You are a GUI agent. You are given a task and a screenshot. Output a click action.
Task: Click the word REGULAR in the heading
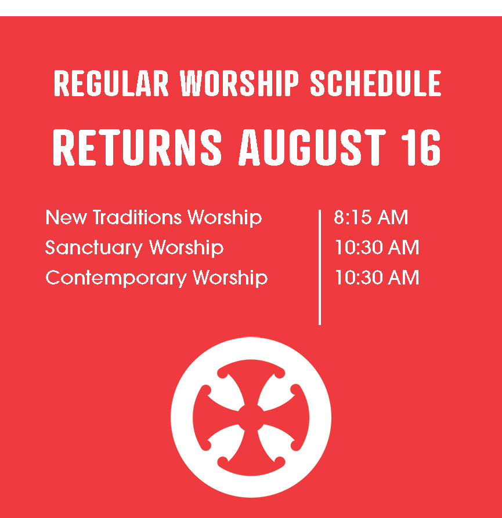pyautogui.click(x=111, y=83)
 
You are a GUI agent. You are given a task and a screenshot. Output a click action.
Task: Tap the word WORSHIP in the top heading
pyautogui.click(x=239, y=83)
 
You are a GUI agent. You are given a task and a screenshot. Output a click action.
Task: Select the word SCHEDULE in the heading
pyautogui.click(x=375, y=83)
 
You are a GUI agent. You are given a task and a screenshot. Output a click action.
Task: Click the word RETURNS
pyautogui.click(x=137, y=147)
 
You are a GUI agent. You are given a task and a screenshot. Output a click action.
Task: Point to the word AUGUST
pyautogui.click(x=312, y=147)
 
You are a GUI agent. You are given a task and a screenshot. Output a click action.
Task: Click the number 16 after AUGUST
pyautogui.click(x=421, y=147)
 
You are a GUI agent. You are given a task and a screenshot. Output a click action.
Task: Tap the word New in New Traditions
pyautogui.click(x=66, y=217)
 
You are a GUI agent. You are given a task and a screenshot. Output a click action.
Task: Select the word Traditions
pyautogui.click(x=138, y=217)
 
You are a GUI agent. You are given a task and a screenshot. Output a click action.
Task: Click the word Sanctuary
pyautogui.click(x=93, y=248)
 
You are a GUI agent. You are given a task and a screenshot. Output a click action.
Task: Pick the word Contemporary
pyautogui.click(x=116, y=278)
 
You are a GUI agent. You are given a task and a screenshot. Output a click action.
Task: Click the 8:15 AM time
pyautogui.click(x=371, y=217)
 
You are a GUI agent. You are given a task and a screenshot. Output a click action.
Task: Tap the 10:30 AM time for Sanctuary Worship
pyautogui.click(x=377, y=247)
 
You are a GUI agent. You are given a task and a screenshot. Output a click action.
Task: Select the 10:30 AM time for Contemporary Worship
pyautogui.click(x=377, y=277)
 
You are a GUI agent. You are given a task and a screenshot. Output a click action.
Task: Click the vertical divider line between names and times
pyautogui.click(x=320, y=267)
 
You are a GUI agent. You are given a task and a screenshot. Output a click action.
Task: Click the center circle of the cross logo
pyautogui.click(x=251, y=418)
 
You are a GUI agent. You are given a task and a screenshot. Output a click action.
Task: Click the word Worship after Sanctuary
pyautogui.click(x=186, y=248)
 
